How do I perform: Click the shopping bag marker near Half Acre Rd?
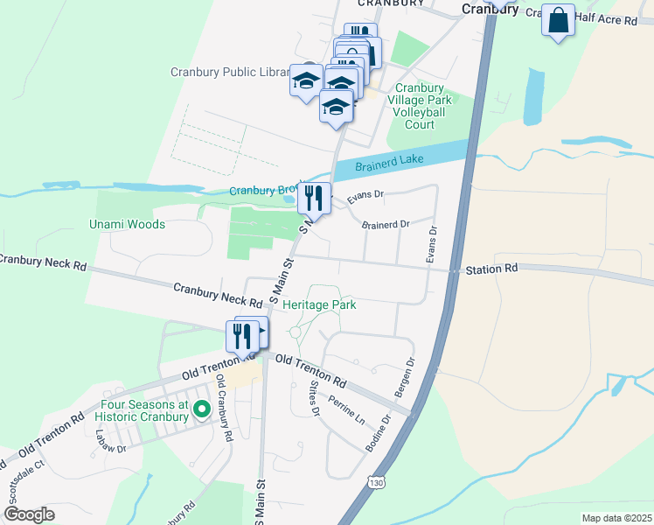coord(558,20)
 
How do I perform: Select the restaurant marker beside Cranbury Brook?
coord(315,198)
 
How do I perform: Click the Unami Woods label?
coord(127,224)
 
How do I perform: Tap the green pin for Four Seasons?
coord(201,408)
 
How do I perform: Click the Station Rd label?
coord(491,269)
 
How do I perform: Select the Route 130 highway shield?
coord(375,482)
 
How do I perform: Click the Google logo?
coord(29,514)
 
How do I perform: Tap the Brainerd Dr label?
coord(386,225)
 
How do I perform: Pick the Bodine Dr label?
coord(379,433)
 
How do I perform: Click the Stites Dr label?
coord(314,398)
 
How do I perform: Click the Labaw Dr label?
coord(111,444)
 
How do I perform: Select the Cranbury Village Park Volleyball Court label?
coord(420,106)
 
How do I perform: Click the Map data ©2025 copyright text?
coord(616,518)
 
